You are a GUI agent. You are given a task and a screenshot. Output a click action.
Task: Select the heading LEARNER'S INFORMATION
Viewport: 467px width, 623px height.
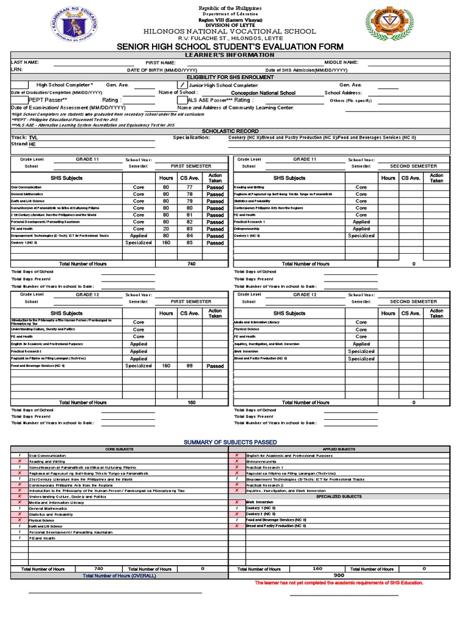pos(230,55)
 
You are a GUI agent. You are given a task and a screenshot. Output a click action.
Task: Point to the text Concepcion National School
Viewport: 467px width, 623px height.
pos(263,93)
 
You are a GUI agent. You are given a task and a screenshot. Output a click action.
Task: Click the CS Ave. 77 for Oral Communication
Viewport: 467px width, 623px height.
pos(189,187)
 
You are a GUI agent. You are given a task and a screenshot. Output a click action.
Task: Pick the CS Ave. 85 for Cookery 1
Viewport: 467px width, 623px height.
pos(189,243)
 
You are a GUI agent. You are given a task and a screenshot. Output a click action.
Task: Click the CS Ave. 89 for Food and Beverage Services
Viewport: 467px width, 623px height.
pos(189,366)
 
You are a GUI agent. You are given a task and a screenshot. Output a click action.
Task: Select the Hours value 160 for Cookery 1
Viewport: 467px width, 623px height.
pos(165,243)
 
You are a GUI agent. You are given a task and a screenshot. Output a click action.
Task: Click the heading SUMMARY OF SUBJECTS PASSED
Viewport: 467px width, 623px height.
pos(230,442)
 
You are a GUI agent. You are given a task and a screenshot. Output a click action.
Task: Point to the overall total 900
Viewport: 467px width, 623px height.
pos(339,575)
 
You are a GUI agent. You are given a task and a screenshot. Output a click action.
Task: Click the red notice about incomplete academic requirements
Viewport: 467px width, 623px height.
pos(339,582)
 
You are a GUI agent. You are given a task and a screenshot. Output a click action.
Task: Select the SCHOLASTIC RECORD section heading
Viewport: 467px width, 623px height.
pos(230,131)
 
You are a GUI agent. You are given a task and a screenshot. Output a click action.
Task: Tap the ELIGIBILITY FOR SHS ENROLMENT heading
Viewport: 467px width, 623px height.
pos(230,77)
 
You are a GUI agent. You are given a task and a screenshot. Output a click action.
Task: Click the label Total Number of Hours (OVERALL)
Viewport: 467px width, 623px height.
pos(119,575)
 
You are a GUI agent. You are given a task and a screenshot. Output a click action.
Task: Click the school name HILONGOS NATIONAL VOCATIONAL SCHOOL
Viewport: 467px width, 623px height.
pos(230,31)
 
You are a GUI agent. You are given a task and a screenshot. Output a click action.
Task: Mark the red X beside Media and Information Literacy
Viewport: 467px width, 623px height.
pos(19,503)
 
